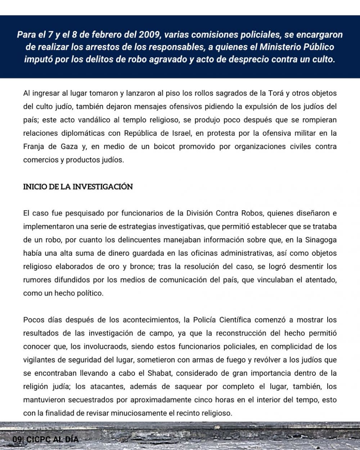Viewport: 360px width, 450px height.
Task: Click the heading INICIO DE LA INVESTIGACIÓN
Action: coord(78,187)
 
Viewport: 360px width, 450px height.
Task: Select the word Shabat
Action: coord(160,373)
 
